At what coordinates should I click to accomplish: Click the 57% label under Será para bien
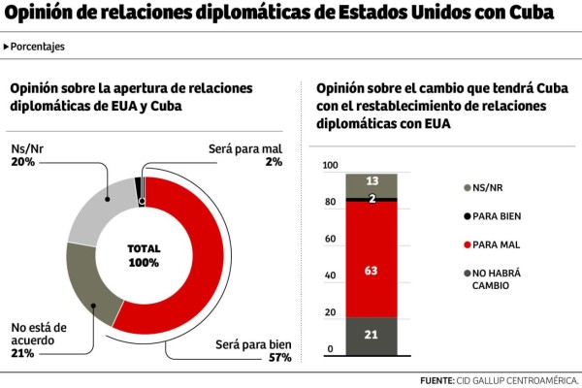280,358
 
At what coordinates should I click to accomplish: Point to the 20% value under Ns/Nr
22,162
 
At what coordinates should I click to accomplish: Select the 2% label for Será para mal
274,162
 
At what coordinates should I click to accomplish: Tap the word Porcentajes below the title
39,47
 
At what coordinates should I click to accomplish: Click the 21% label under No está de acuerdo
22,354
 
